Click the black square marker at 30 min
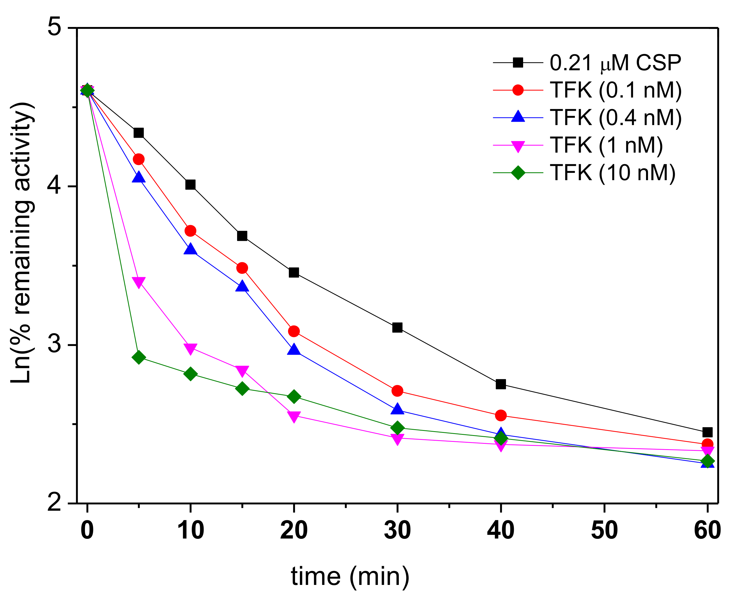(397, 327)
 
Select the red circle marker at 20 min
(293, 331)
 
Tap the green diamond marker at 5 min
(139, 357)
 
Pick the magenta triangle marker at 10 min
(190, 348)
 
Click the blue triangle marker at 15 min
(242, 286)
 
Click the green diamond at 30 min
(397, 428)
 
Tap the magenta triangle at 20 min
(293, 416)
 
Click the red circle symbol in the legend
(518, 90)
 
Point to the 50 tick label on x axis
(604, 530)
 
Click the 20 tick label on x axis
(293, 530)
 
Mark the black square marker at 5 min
(138, 133)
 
